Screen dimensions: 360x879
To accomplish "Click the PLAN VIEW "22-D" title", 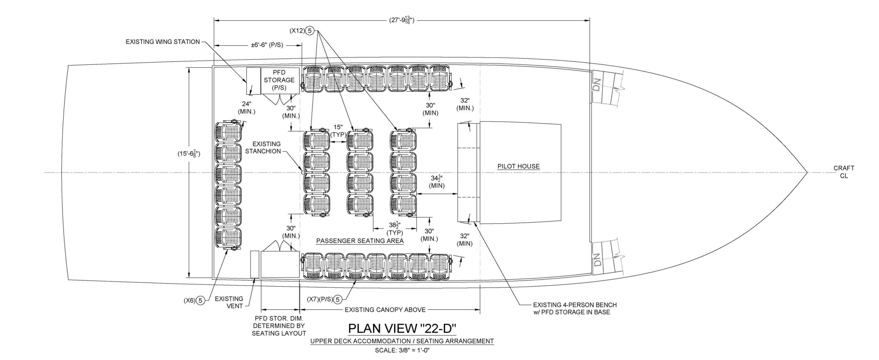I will point(402,329).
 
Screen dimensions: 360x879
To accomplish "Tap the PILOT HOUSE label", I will point(518,166).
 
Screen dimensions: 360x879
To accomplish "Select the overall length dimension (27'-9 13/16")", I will point(401,20).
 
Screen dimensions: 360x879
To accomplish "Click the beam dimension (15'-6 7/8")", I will point(189,154).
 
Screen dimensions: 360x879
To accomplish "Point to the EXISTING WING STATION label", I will point(163,42).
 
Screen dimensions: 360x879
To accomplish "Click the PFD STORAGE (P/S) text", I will point(279,80).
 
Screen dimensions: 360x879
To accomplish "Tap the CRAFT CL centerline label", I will point(843,172).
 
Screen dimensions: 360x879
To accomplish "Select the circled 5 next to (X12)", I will point(310,31).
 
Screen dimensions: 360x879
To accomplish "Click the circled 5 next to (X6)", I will point(200,301).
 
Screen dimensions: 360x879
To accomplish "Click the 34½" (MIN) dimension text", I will point(436,182).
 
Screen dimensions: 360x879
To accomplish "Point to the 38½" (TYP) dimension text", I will point(394,228).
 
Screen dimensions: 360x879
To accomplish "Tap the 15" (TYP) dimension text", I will point(338,131).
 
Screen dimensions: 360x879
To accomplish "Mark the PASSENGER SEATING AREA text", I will point(360,241).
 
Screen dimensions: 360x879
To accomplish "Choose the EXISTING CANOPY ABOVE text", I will point(385,310).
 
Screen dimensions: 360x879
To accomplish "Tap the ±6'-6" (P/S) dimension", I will point(267,45).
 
